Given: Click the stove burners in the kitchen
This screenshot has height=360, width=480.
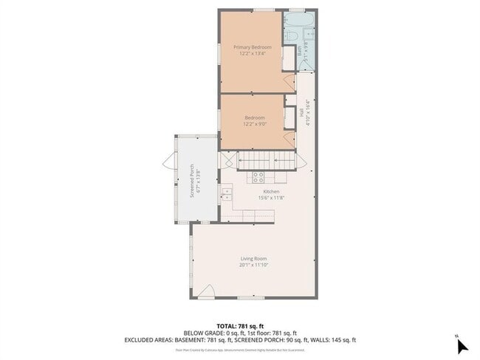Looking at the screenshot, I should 258,176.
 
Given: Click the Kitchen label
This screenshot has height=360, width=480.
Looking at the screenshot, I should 250,191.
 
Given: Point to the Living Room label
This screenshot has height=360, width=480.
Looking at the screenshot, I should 253,258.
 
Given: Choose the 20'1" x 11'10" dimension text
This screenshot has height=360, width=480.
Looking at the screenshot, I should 253,265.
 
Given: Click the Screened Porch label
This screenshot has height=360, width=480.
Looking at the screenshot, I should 191,180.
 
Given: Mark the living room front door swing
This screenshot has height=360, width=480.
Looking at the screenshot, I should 207,291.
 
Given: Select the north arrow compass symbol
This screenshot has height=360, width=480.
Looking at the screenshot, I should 462,345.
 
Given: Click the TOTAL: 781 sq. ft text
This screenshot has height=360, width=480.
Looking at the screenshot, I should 239,326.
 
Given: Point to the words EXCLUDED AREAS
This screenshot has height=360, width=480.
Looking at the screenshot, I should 148,340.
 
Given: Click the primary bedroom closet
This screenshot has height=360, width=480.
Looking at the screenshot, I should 289,59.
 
